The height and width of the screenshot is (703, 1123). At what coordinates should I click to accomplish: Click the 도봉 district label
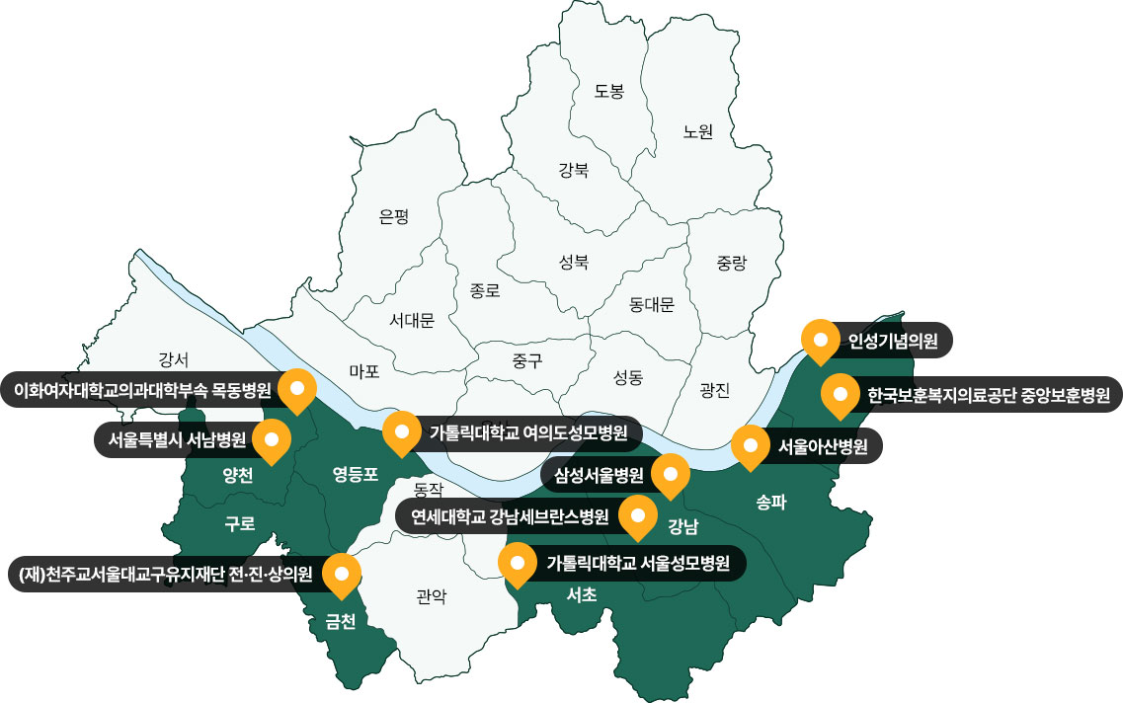[609, 92]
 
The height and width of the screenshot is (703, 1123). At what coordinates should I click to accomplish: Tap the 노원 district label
[697, 131]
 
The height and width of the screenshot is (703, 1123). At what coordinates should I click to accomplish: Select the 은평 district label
[393, 217]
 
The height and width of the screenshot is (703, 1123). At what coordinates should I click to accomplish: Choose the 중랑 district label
[732, 263]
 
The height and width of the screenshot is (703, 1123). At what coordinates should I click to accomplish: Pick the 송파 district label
[770, 502]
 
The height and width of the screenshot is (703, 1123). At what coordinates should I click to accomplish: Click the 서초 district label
[582, 594]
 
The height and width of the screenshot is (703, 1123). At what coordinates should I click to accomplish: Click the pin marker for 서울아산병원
[750, 447]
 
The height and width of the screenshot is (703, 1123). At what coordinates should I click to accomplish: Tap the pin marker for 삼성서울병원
[671, 476]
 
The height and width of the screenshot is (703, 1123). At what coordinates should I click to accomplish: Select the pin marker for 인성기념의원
[819, 342]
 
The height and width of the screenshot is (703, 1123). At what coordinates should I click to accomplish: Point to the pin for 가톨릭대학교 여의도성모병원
[401, 432]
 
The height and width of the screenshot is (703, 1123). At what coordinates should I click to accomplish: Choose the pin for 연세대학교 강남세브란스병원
[637, 515]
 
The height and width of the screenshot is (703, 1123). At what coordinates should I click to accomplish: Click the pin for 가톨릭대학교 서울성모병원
[517, 564]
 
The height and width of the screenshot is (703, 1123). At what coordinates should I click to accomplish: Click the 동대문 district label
[652, 305]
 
